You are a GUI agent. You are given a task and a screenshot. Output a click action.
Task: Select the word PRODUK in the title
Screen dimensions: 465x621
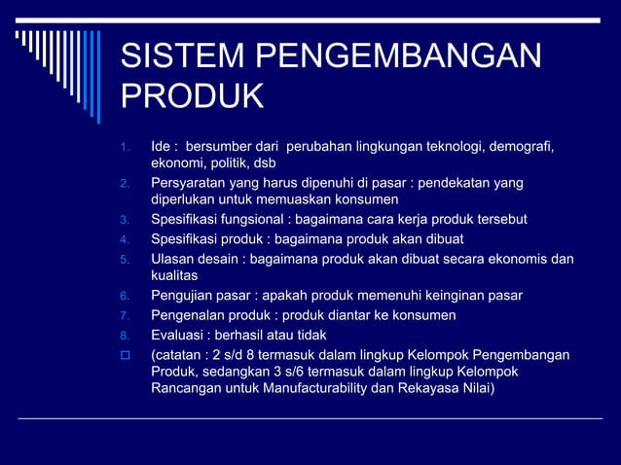click(192, 97)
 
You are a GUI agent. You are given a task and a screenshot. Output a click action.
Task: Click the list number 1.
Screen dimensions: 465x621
click(124, 148)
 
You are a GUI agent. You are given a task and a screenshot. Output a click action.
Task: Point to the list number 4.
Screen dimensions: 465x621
click(124, 239)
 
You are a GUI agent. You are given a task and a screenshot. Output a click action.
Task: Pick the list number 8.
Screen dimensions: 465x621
click(124, 335)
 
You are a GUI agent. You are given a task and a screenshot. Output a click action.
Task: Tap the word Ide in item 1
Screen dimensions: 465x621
click(162, 146)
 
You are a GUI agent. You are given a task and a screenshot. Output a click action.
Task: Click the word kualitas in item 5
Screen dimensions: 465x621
click(174, 275)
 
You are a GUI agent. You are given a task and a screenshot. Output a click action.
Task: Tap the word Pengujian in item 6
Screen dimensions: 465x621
click(183, 295)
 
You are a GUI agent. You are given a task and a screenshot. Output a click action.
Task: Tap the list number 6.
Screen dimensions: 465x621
click(124, 296)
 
